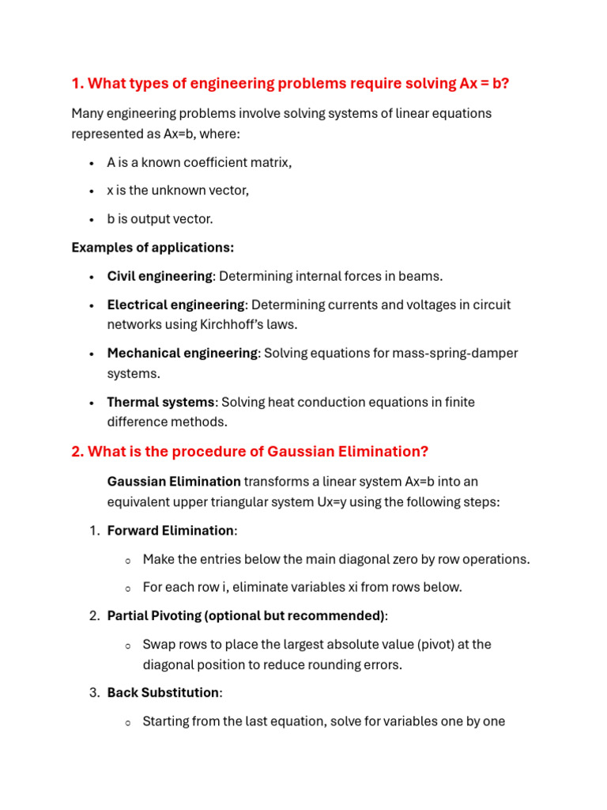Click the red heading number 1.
point(77,84)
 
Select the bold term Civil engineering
point(159,276)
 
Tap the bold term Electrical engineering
point(175,305)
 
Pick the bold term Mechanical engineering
point(182,353)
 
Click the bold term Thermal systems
point(160,402)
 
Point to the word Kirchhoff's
point(224,324)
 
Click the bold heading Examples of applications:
point(153,248)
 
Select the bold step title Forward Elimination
point(170,530)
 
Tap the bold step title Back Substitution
point(163,692)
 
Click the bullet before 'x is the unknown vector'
point(91,191)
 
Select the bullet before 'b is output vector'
point(91,219)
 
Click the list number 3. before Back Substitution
point(94,692)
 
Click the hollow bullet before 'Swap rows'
point(126,645)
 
